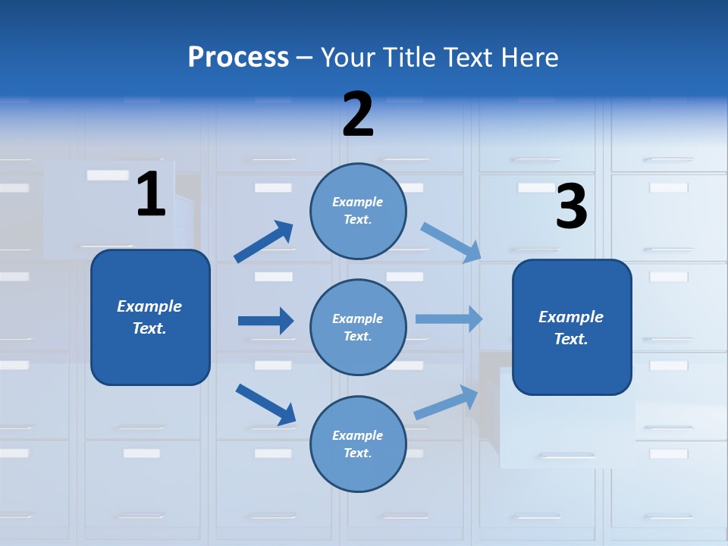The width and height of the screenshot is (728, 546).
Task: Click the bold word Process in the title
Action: pyautogui.click(x=238, y=57)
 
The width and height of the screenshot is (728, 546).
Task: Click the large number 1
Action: pyautogui.click(x=151, y=195)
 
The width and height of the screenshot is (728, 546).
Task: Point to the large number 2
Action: pyautogui.click(x=358, y=115)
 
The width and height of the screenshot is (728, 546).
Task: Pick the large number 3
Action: pyautogui.click(x=571, y=207)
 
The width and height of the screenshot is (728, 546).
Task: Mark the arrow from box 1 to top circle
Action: pyautogui.click(x=264, y=242)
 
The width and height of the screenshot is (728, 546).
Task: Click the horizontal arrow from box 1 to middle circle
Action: pyautogui.click(x=265, y=321)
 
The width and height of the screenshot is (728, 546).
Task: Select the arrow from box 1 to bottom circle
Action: pyautogui.click(x=265, y=403)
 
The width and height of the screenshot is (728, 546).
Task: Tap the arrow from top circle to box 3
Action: pyautogui.click(x=450, y=242)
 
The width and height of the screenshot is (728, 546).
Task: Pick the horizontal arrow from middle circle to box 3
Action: pyautogui.click(x=449, y=318)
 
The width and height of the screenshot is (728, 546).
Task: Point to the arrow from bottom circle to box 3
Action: pyautogui.click(x=446, y=403)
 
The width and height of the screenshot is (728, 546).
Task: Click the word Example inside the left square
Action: pyautogui.click(x=149, y=306)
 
